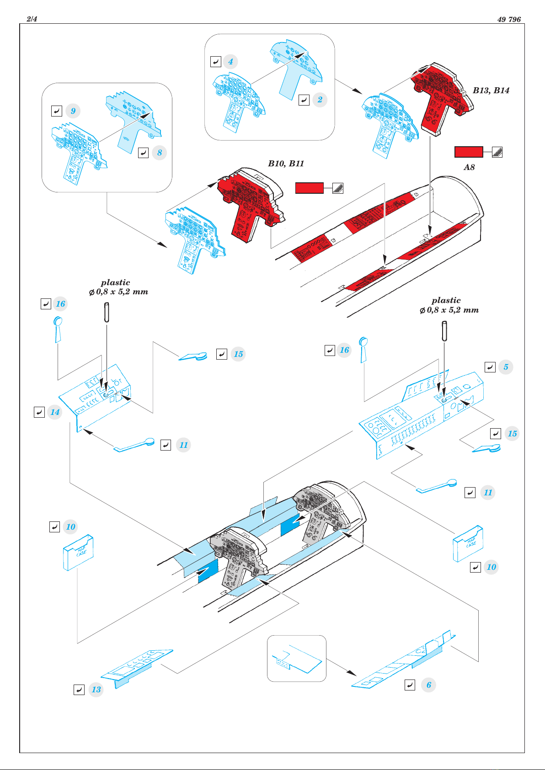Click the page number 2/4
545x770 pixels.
(x=32, y=19)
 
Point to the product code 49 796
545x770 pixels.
(x=509, y=19)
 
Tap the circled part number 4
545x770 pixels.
(x=230, y=62)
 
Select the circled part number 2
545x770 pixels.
(x=320, y=100)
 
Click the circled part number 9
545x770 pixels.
(x=73, y=111)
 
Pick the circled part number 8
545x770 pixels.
(x=159, y=153)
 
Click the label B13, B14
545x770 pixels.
(x=491, y=90)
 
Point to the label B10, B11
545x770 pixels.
(x=286, y=164)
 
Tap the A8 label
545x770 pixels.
(x=469, y=167)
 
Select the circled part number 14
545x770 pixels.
(x=55, y=412)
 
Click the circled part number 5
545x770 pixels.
(x=506, y=367)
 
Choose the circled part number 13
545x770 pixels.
(x=96, y=690)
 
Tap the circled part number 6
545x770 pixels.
(x=428, y=685)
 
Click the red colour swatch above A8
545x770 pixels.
(x=469, y=152)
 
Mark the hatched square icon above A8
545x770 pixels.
(x=497, y=152)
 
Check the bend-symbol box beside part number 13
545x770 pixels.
(x=79, y=690)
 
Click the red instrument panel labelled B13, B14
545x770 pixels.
(x=442, y=98)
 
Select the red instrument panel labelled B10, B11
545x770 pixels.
(x=251, y=205)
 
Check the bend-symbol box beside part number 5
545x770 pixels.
(x=490, y=367)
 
